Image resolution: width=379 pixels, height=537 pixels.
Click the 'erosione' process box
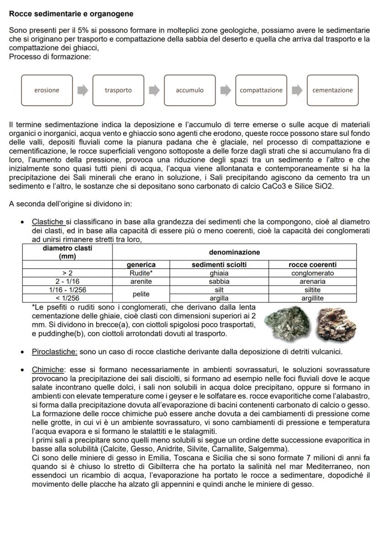coord(47,90)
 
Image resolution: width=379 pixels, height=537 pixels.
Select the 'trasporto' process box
coord(118,90)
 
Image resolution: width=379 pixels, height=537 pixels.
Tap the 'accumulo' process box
coord(189,90)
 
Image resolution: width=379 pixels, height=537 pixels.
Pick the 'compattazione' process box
coord(261,90)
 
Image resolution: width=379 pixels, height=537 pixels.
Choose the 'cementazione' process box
coord(332,90)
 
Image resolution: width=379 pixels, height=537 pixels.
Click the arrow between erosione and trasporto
coord(82,90)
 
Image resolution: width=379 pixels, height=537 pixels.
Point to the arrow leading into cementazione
coord(297,90)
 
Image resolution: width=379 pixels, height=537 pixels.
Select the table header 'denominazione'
coord(234,252)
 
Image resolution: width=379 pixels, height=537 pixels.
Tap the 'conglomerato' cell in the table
coord(313,273)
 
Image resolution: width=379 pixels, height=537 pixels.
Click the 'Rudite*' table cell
coord(141,273)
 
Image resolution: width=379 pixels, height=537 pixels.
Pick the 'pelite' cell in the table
coord(141,294)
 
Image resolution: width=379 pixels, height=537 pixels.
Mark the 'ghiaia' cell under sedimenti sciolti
coord(219,273)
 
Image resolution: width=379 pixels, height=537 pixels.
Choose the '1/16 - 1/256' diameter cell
coord(67,290)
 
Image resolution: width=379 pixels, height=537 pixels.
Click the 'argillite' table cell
coord(313,298)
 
